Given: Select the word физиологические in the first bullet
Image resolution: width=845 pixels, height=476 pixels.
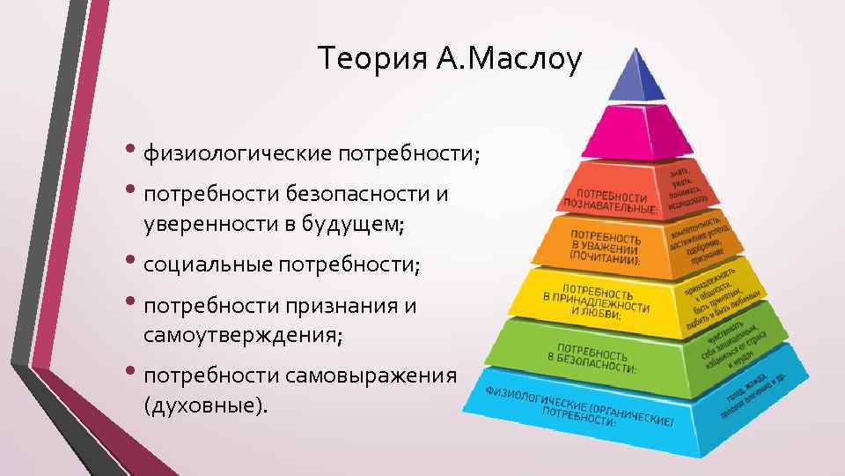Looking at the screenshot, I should tap(237, 154).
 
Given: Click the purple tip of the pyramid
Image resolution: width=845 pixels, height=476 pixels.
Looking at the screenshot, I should tap(636, 78).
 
